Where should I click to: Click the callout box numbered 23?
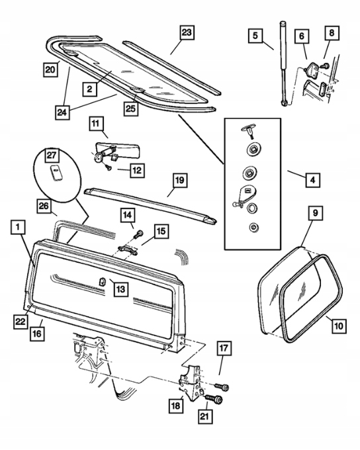click(x=187, y=32)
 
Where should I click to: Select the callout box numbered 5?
click(x=255, y=36)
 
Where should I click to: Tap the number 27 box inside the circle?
click(x=52, y=156)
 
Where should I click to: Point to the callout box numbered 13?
click(x=120, y=289)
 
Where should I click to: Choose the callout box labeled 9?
click(x=315, y=213)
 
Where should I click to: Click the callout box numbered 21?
click(x=204, y=416)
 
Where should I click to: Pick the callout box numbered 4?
click(x=312, y=180)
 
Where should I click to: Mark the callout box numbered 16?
click(x=37, y=334)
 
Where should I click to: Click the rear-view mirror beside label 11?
click(x=117, y=149)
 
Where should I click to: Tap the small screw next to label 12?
click(x=109, y=167)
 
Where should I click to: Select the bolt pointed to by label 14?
click(x=138, y=234)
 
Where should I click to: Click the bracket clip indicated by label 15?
click(x=127, y=249)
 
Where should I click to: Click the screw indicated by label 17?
click(x=221, y=386)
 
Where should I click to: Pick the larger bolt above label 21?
click(x=214, y=399)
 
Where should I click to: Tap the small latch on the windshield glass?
click(x=102, y=281)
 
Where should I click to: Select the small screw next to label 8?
click(x=326, y=66)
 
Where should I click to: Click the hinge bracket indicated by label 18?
click(x=190, y=381)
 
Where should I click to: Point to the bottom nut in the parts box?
click(x=253, y=227)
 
